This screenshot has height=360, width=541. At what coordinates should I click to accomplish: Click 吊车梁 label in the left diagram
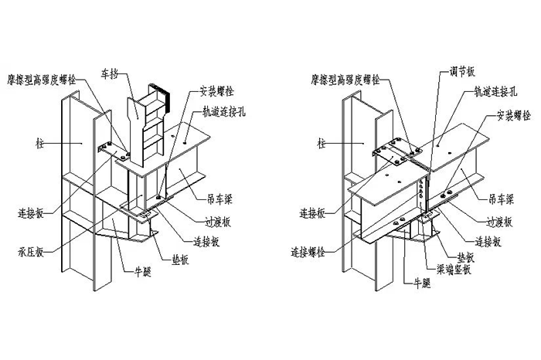(219, 199)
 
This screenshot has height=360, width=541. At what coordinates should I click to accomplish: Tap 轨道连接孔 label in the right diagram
(488, 91)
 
